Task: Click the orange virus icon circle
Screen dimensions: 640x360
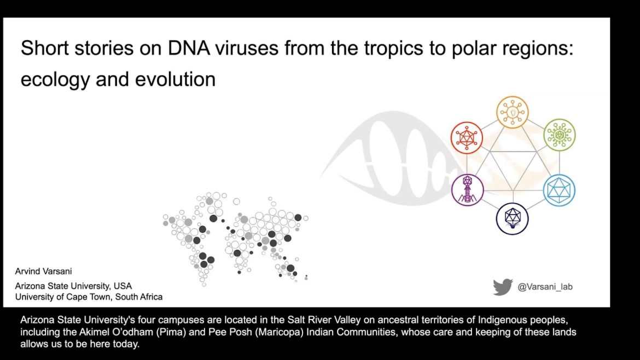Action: coord(512,97)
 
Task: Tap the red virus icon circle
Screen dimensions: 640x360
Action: coord(467,122)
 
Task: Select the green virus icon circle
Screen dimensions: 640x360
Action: coord(559,119)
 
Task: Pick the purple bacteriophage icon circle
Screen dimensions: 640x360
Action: coord(467,175)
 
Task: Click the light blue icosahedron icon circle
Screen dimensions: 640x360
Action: coord(559,175)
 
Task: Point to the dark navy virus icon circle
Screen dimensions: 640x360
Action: coord(512,204)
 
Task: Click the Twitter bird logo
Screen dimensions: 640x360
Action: coord(503,287)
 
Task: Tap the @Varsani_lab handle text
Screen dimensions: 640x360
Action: coord(545,287)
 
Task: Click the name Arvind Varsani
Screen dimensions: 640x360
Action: coord(43,271)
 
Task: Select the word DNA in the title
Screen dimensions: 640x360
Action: coord(189,48)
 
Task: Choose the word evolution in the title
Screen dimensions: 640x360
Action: coord(175,79)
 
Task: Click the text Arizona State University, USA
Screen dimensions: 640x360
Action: coord(73,286)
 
